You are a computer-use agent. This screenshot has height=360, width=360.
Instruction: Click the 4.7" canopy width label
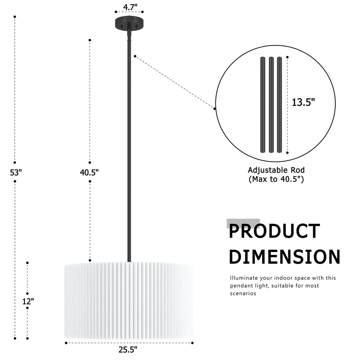tap(130, 7)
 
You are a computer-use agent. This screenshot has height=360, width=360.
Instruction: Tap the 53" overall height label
tap(16, 172)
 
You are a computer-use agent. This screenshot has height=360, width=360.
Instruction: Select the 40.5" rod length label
tap(89, 172)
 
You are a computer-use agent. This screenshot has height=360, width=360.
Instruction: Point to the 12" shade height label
tap(28, 301)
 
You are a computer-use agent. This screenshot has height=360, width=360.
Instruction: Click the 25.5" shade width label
tap(128, 349)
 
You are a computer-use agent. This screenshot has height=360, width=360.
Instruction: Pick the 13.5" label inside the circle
tap(303, 102)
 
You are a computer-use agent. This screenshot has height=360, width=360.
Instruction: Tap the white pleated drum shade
tap(129, 301)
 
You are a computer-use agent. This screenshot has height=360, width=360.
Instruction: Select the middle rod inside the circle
tap(271, 105)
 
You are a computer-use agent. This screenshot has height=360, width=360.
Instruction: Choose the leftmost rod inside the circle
tap(263, 105)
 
